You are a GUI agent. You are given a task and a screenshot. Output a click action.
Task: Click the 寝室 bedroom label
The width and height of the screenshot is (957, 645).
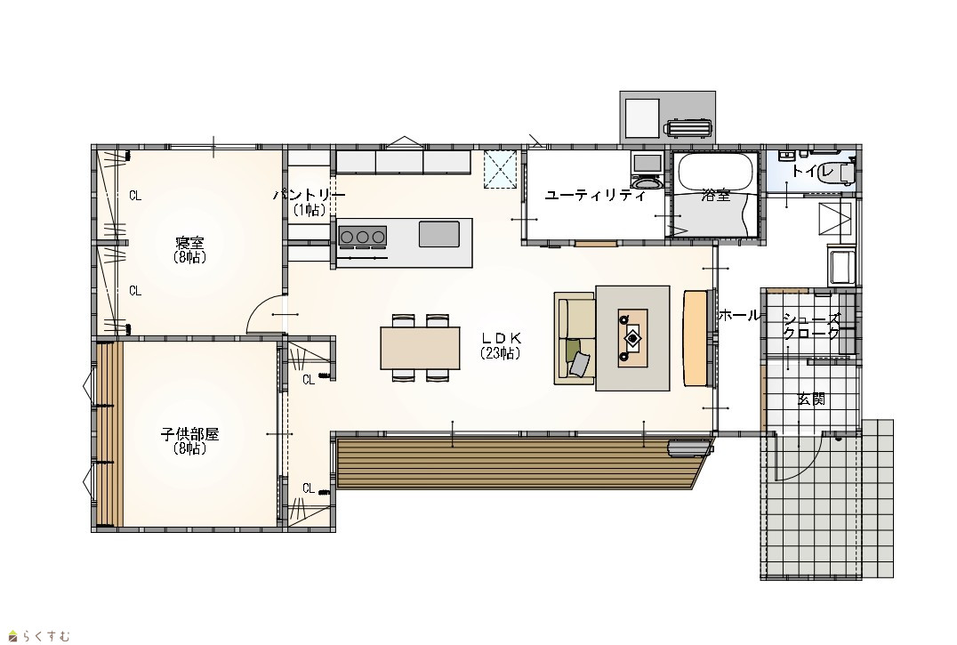point(189,243)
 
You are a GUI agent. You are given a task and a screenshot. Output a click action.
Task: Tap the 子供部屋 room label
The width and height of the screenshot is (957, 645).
point(189,434)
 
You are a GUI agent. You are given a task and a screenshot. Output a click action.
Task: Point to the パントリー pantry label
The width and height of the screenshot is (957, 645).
point(309,195)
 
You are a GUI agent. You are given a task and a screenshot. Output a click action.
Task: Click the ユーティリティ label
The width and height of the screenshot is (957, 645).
point(595,196)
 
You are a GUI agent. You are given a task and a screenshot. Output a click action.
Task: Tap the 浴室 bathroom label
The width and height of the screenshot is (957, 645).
point(716,195)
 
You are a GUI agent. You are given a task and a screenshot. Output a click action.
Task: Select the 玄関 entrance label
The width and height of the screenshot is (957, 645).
point(812,399)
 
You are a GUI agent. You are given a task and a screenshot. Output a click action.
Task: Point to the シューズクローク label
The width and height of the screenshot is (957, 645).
point(812,326)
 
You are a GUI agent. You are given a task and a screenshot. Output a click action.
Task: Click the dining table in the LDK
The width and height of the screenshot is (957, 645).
point(420,348)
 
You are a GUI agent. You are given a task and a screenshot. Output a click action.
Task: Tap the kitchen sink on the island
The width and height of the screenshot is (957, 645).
point(438,234)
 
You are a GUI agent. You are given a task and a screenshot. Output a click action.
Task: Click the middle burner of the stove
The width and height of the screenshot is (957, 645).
point(363,236)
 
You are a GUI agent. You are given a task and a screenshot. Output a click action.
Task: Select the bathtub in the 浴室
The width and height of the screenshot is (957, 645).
point(715,172)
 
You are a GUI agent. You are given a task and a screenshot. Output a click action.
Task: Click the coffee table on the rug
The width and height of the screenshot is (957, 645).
point(633,337)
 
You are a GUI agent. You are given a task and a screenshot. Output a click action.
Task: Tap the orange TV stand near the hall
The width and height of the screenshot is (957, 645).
point(695,338)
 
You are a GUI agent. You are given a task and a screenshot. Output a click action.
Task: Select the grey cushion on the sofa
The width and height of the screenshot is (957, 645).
point(581,364)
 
